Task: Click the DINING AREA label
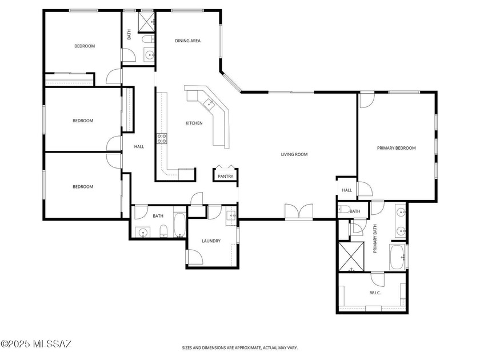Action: pos(187,41)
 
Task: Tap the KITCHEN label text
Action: pos(194,123)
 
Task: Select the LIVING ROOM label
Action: pos(294,154)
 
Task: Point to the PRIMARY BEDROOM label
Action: pos(396,148)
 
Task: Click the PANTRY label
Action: pos(225,177)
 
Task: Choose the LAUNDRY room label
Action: pos(211,241)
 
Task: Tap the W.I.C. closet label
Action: pos(375,293)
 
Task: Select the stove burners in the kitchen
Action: pos(162,138)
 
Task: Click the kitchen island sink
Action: pos(210,103)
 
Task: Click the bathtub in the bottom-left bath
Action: pos(178,226)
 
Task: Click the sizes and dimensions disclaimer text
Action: pos(239,347)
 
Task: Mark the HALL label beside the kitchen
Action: pos(139,147)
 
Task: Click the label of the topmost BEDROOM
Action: pos(84,46)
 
